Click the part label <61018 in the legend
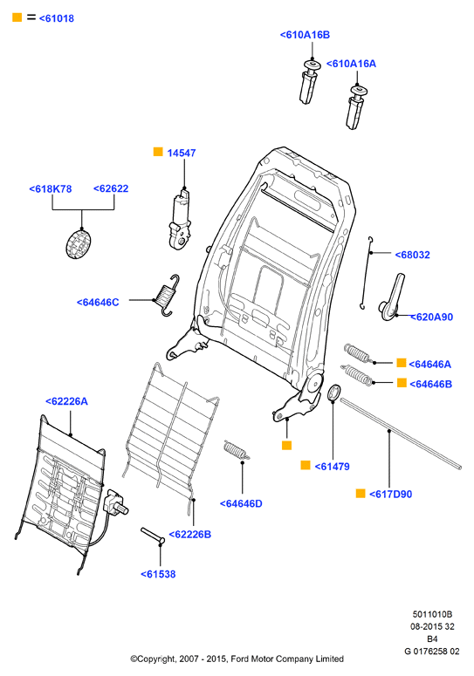pyautogui.click(x=57, y=18)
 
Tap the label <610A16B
pyautogui.click(x=305, y=35)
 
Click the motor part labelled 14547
pyautogui.click(x=180, y=220)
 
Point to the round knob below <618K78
pyautogui.click(x=79, y=243)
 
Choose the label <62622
pyautogui.click(x=111, y=188)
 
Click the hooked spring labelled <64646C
pyautogui.click(x=167, y=295)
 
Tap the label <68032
pyautogui.click(x=413, y=255)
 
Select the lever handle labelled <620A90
pyautogui.click(x=392, y=297)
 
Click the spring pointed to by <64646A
pyautogui.click(x=357, y=352)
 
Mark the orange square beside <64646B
pyautogui.click(x=402, y=383)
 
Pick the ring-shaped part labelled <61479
pyautogui.click(x=334, y=393)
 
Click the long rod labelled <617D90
pyautogui.click(x=401, y=434)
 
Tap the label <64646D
pyautogui.click(x=241, y=504)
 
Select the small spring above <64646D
pyautogui.click(x=237, y=450)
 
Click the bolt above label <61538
pyautogui.click(x=153, y=536)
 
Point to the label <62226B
pyautogui.click(x=190, y=535)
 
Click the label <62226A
pyautogui.click(x=67, y=401)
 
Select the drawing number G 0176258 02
pyautogui.click(x=432, y=651)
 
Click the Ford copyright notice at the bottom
pyautogui.click(x=237, y=659)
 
